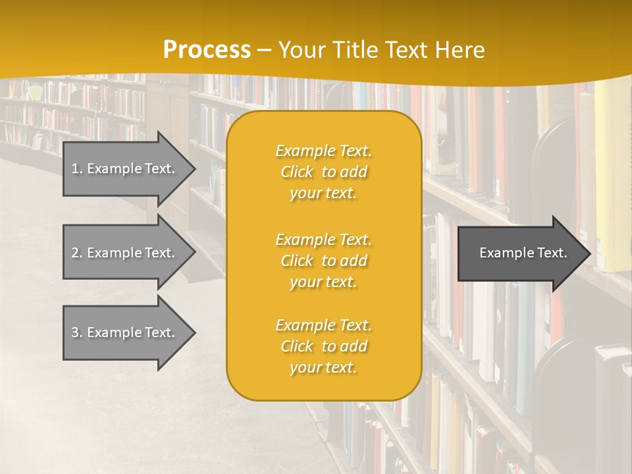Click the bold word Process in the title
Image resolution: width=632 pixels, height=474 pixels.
(207, 49)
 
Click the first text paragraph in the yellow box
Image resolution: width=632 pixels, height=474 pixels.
(323, 172)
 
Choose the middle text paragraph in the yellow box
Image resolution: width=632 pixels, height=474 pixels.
(323, 261)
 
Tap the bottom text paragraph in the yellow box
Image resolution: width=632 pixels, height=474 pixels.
(323, 346)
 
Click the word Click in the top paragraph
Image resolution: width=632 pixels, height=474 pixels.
(297, 172)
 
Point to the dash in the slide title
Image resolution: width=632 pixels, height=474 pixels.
(264, 50)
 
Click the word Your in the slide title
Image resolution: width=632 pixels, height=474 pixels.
(300, 49)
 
